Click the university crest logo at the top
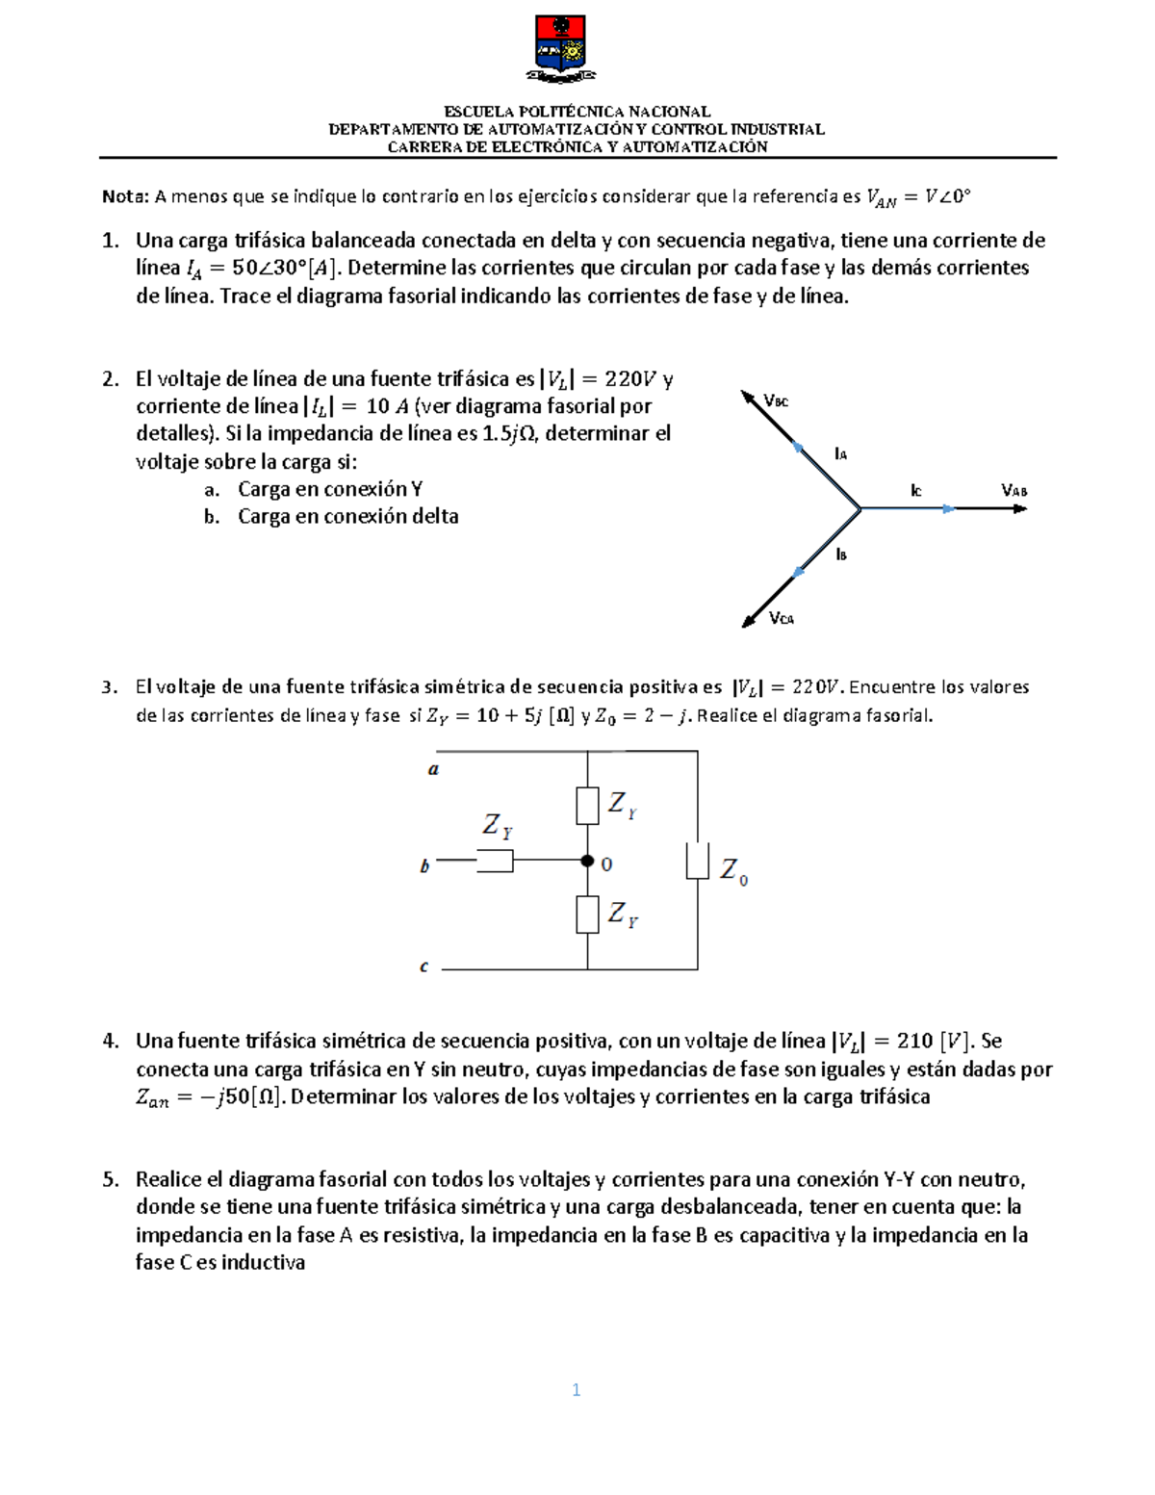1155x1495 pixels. click(561, 48)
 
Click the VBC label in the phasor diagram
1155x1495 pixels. click(776, 401)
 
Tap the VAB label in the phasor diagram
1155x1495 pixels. click(1014, 491)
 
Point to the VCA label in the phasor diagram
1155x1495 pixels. click(782, 619)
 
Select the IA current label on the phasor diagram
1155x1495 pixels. click(840, 453)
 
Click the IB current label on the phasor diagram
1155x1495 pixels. click(841, 554)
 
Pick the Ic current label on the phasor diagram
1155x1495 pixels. click(915, 491)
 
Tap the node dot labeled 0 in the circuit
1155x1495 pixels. click(587, 862)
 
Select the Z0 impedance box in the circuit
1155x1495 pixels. click(697, 862)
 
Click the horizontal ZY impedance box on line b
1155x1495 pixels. click(495, 862)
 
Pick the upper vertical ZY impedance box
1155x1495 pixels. click(587, 806)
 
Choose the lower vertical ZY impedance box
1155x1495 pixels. click(587, 915)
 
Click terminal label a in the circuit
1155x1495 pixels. click(433, 769)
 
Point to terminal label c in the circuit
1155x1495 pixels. click(423, 967)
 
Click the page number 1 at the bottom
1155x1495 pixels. click(576, 1389)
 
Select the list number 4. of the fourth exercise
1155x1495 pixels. click(111, 1041)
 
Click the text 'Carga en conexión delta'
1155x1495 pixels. click(347, 517)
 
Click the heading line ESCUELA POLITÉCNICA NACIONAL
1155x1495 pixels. click(577, 112)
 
